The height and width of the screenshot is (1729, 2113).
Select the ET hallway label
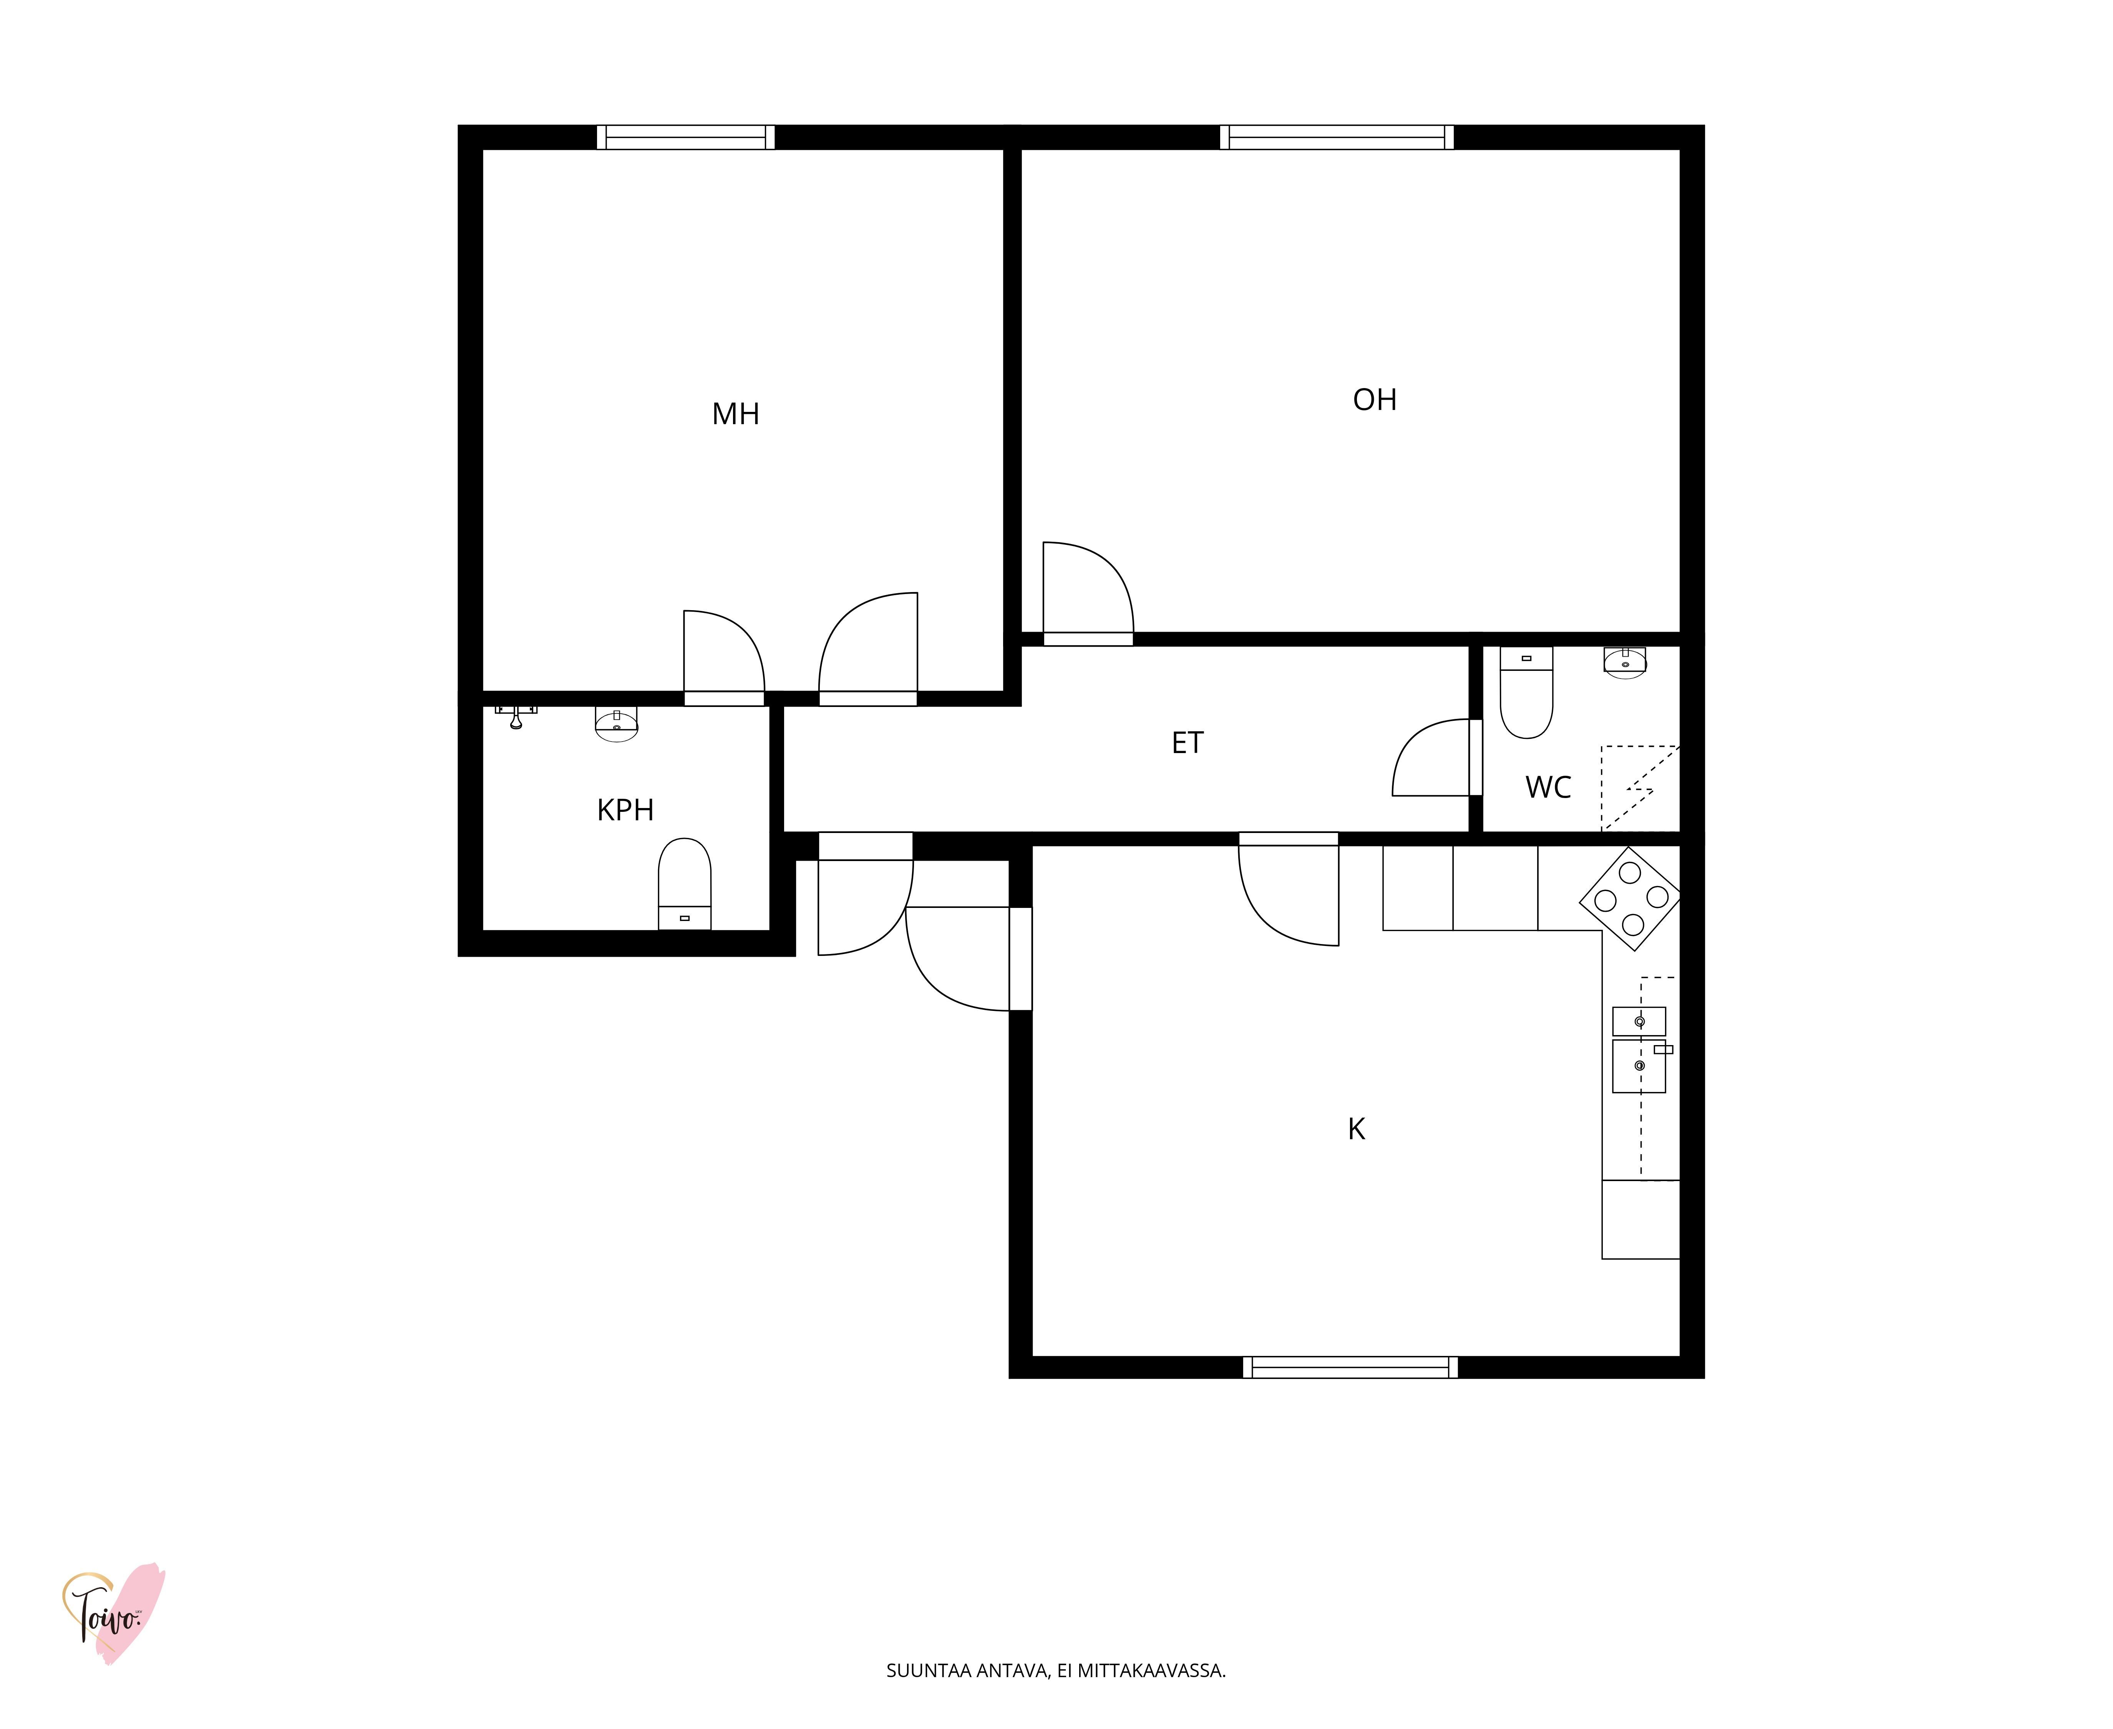1187,743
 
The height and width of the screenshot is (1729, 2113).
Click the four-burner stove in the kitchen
1630,898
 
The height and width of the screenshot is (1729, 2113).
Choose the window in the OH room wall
1336,138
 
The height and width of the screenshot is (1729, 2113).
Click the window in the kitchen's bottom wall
1350,1367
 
